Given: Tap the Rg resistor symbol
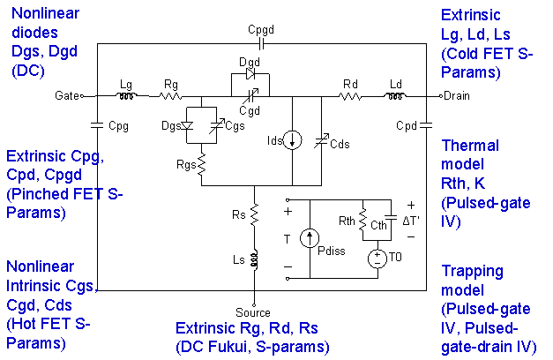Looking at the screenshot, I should [x=169, y=95].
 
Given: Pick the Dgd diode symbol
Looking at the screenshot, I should [x=248, y=77].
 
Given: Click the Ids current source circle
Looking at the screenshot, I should [x=294, y=140].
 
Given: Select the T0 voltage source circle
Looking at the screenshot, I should [x=377, y=257].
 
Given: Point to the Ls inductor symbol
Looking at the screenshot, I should [x=254, y=259].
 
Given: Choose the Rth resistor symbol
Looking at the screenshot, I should [x=362, y=226].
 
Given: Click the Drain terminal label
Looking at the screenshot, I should [x=458, y=95].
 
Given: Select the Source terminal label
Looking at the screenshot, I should [x=254, y=312].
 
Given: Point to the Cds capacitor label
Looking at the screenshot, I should [x=340, y=145].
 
